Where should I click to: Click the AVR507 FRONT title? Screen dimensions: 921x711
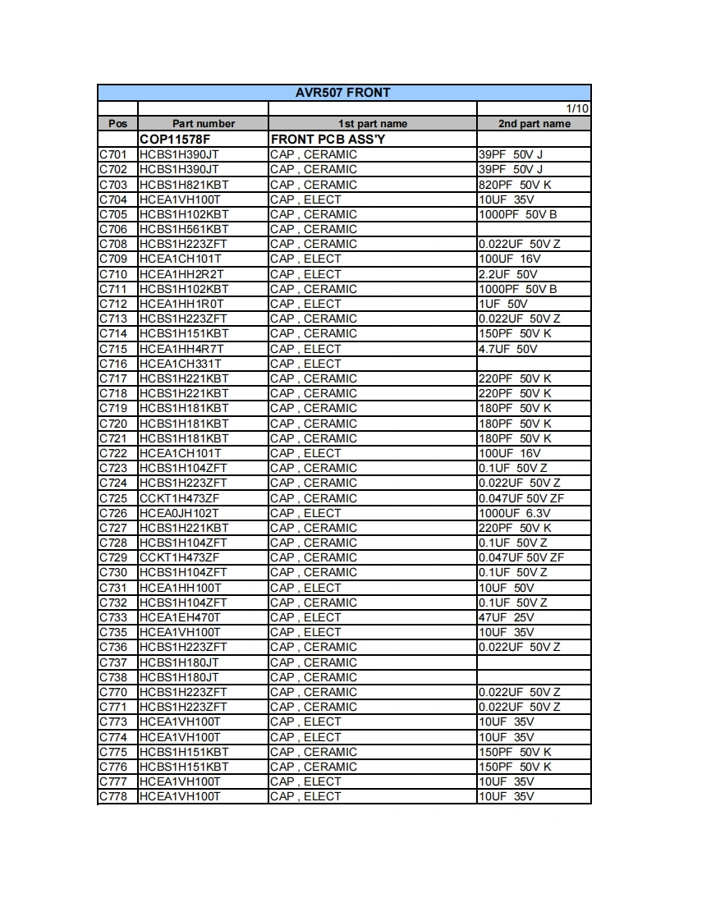click(x=343, y=93)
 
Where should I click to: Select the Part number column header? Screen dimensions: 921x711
click(x=203, y=124)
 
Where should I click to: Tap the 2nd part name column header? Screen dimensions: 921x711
click(x=534, y=124)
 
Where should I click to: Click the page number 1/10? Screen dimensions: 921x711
click(x=577, y=108)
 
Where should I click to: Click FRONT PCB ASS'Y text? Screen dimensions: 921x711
click(x=328, y=140)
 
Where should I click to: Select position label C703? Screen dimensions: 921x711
click(x=113, y=185)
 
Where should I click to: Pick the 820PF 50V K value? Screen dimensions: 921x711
click(x=515, y=185)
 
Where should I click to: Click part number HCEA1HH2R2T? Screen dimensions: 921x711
click(x=181, y=274)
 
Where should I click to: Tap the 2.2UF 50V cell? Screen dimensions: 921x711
click(x=508, y=274)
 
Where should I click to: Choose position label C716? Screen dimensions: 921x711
click(x=113, y=364)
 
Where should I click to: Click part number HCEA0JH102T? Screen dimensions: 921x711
click(x=180, y=513)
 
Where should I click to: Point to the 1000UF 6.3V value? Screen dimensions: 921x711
click(x=515, y=513)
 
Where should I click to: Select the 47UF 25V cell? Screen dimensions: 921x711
click(x=507, y=617)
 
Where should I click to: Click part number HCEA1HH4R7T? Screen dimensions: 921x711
click(x=181, y=349)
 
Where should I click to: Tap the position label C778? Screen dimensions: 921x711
click(x=113, y=796)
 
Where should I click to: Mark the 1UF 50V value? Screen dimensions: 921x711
click(x=503, y=304)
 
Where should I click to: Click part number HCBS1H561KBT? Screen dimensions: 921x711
click(x=184, y=229)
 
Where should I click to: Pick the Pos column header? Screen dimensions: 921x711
click(x=117, y=124)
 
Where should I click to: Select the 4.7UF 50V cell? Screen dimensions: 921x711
click(x=508, y=349)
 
